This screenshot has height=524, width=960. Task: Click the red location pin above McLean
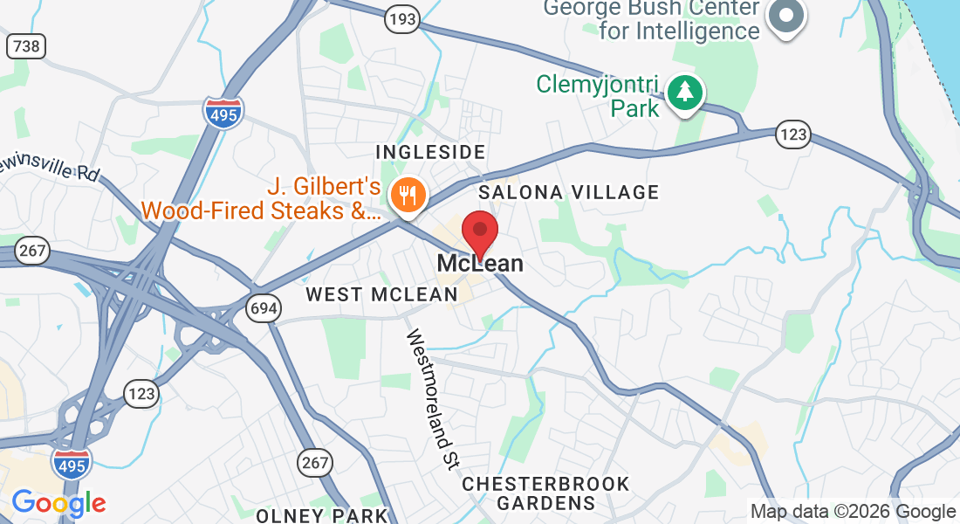click(x=479, y=231)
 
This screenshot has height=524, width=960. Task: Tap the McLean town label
click(x=480, y=263)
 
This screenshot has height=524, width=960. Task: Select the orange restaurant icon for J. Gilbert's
click(x=407, y=194)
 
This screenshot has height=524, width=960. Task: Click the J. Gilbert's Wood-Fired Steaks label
click(x=262, y=199)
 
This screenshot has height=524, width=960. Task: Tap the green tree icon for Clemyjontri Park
click(x=686, y=92)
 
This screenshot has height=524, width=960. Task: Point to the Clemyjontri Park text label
click(x=599, y=97)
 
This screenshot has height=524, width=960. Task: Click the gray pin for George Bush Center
click(x=786, y=17)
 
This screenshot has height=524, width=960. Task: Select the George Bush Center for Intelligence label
click(x=651, y=20)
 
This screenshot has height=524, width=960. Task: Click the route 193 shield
click(x=403, y=17)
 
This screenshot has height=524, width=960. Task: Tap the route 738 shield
click(x=25, y=45)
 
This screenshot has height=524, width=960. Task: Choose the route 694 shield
click(x=262, y=307)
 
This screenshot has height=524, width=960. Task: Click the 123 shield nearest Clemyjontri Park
click(x=792, y=134)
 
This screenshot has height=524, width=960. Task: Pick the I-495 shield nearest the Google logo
click(x=72, y=464)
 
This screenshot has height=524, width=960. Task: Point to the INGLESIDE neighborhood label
click(x=429, y=153)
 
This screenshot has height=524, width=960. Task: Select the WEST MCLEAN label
click(x=381, y=294)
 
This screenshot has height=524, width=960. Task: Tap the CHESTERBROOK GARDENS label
click(x=545, y=493)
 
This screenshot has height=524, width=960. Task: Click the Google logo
click(x=58, y=503)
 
